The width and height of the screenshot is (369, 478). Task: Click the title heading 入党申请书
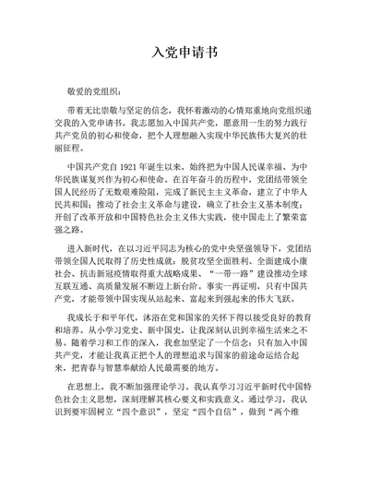(x=184, y=54)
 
